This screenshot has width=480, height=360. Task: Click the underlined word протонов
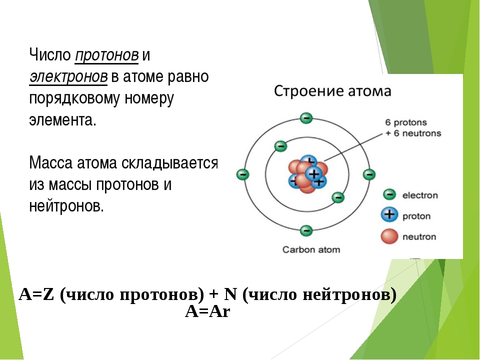tap(106, 55)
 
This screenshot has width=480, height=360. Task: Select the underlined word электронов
tap(68, 77)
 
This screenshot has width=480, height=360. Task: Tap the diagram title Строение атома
tap(332, 91)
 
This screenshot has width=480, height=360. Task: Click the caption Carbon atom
tap(311, 249)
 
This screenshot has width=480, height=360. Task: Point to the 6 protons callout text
tap(406, 122)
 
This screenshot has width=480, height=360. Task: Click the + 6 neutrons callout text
tap(413, 133)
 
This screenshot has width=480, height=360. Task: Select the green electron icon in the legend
tap(389, 194)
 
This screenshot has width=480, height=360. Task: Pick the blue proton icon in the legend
tap(389, 214)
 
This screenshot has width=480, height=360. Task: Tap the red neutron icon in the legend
tap(389, 236)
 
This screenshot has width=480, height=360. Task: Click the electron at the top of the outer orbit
tap(306, 118)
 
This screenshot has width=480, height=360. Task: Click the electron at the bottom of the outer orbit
tap(306, 230)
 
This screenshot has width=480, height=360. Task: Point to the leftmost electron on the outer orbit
tap(243, 174)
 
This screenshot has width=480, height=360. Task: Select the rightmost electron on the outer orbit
tap(369, 174)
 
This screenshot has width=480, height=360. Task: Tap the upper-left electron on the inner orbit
tap(280, 146)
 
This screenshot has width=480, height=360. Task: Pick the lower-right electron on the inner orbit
tap(338, 197)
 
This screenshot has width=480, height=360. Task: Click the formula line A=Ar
tap(207, 312)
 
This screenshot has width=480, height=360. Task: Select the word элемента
tap(63, 120)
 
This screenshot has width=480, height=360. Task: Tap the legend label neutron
tap(419, 236)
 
